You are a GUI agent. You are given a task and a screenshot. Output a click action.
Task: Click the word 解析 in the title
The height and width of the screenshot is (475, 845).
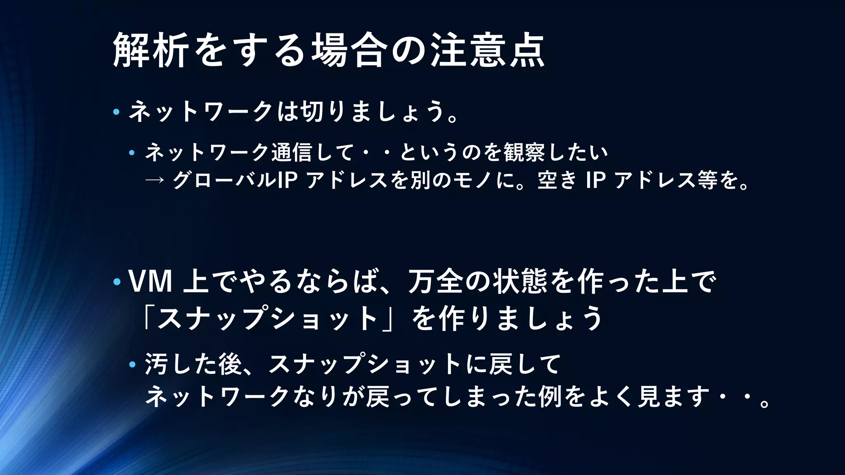tap(151, 50)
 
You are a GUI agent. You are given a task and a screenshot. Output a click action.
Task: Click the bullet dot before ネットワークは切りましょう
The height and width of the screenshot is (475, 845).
tap(116, 112)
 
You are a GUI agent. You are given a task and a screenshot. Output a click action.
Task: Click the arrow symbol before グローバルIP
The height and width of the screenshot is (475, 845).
tap(155, 180)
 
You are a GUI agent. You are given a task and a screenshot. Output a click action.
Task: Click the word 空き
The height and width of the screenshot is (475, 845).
tap(557, 180)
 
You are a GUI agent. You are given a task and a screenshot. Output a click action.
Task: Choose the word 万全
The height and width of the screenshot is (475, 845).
tap(436, 282)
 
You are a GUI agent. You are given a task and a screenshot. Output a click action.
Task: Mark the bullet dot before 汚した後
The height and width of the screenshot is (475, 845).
tap(132, 364)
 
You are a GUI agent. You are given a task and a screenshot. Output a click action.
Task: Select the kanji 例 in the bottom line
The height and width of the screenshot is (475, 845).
tap(550, 397)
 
